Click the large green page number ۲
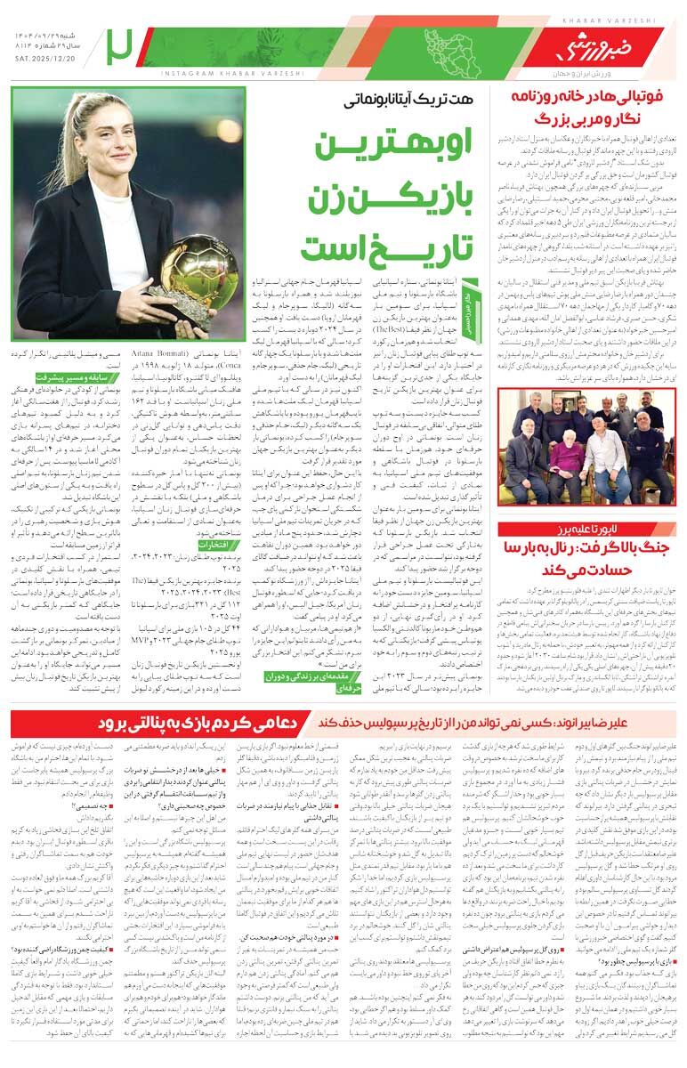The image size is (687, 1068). [x=117, y=47]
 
